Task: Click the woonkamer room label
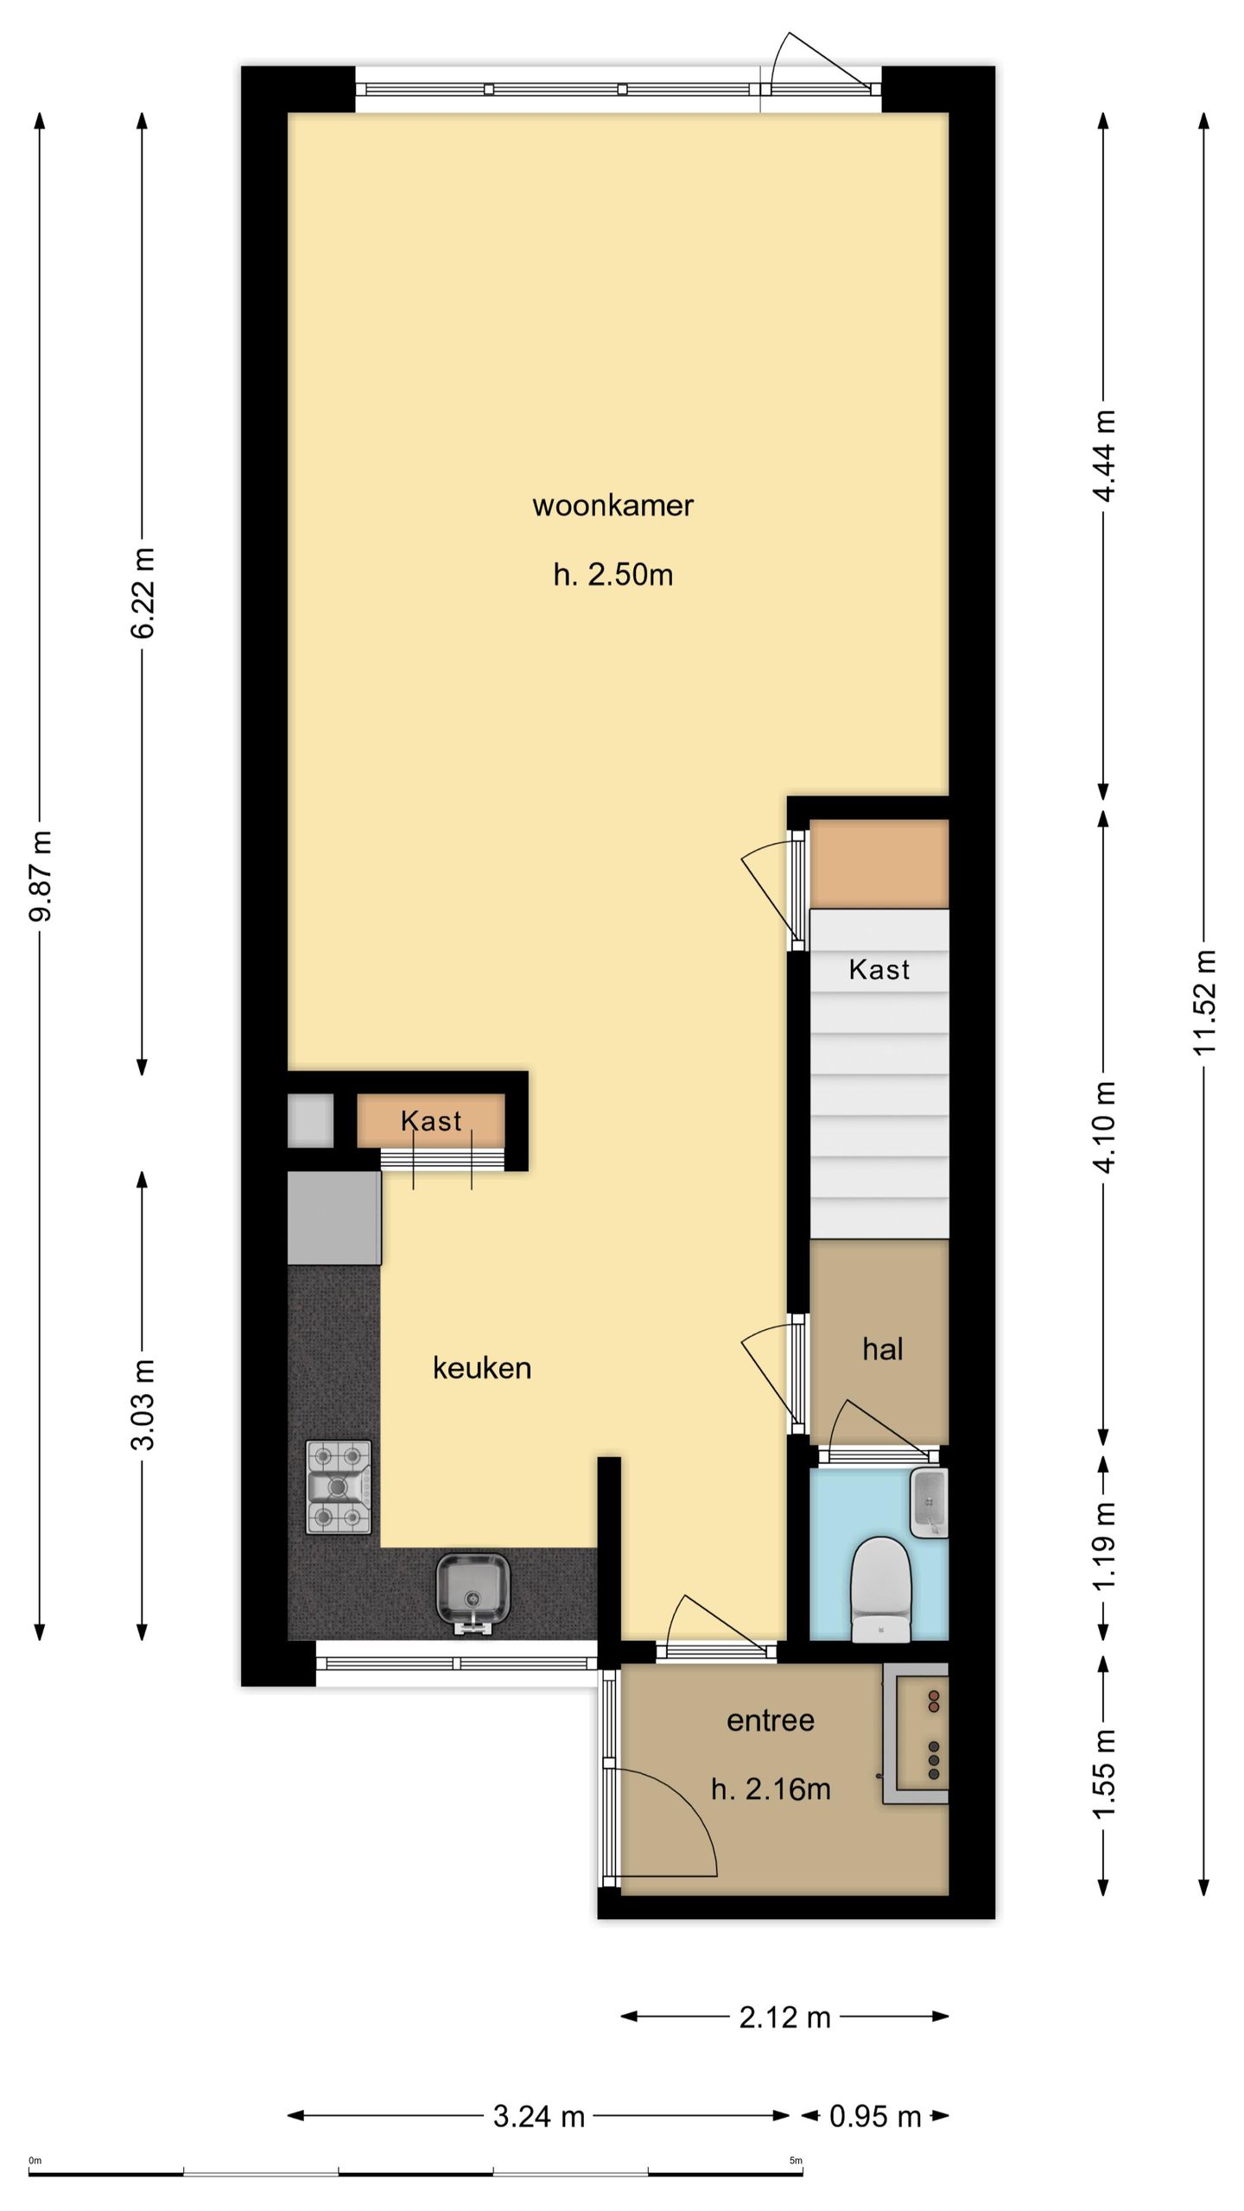[x=612, y=505]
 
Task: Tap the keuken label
[x=482, y=1367]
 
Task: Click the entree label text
[x=771, y=1720]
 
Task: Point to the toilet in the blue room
[x=880, y=1589]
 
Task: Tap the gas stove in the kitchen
[x=339, y=1486]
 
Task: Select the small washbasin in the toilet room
[x=929, y=1503]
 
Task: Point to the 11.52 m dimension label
[x=1204, y=1002]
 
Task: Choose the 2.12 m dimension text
[x=784, y=2017]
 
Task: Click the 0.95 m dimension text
[x=875, y=2116]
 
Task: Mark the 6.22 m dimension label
[x=142, y=592]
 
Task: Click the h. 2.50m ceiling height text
[x=613, y=574]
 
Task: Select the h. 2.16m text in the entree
[x=771, y=1788]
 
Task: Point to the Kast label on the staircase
[x=879, y=969]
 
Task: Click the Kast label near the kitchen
[x=431, y=1121]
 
